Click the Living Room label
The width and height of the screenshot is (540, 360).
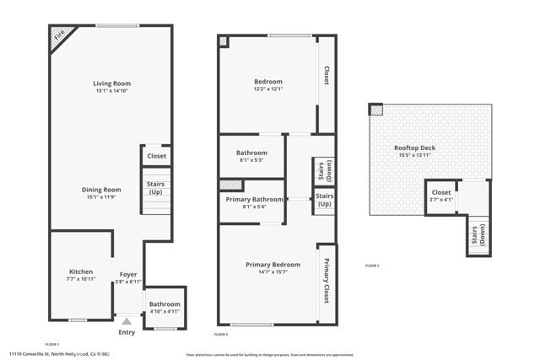pos(111,83)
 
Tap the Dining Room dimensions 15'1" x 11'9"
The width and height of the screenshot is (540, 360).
pos(101,197)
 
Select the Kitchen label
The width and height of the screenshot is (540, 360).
pos(81,271)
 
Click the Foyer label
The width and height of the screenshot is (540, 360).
pos(127,274)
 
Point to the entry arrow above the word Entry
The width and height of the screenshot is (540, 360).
pos(127,321)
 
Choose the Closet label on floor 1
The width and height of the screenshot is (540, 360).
pos(157,156)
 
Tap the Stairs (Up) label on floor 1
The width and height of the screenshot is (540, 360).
pos(156,187)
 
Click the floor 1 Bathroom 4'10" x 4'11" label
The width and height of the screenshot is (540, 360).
pos(165,304)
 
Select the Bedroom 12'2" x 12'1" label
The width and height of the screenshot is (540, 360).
pos(268,82)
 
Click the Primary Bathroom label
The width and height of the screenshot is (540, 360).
pos(254,199)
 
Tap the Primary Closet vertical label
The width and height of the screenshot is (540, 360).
pos(327,282)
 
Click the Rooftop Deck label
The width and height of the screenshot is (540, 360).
pos(414,148)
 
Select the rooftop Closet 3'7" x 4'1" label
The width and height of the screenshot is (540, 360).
pos(440,192)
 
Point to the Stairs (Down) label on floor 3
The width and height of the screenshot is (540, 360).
pos(478,237)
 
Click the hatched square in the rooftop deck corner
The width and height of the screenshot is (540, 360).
pos(375,110)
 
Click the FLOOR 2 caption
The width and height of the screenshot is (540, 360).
pos(221,335)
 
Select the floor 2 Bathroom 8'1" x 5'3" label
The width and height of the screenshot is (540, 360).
pos(251,153)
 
